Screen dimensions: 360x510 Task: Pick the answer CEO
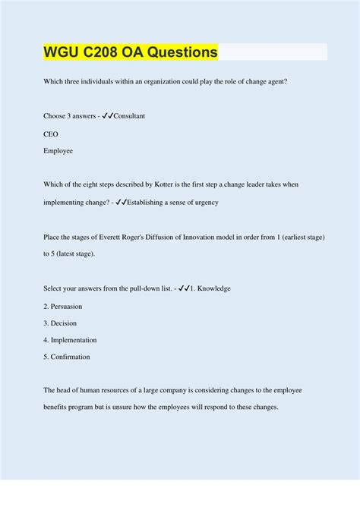(x=51, y=134)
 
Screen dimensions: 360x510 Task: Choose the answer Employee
(x=58, y=151)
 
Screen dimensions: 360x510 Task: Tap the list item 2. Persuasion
(x=63, y=306)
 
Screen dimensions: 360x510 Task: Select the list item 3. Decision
(x=59, y=323)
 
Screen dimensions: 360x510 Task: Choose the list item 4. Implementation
(x=70, y=340)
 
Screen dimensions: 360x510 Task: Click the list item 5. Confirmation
(x=67, y=357)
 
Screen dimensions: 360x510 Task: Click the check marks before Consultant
(x=105, y=116)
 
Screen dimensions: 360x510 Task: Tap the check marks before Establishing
(x=118, y=203)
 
